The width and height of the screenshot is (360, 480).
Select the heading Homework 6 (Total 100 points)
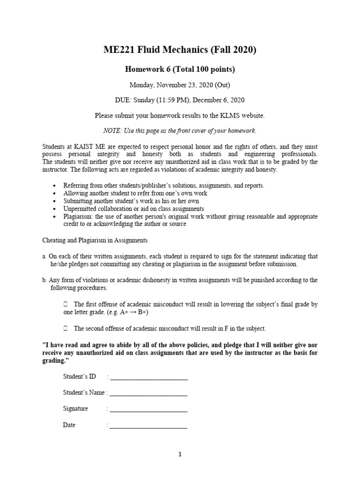click(180, 69)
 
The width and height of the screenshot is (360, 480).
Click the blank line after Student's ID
click(149, 376)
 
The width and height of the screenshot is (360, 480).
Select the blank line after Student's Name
click(149, 393)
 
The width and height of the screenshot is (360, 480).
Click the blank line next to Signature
click(149, 409)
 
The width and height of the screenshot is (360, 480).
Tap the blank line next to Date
click(149, 426)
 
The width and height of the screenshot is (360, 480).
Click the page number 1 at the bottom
click(180, 454)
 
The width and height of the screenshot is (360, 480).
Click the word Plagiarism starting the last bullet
click(78, 217)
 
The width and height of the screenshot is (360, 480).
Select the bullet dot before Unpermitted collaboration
click(55, 209)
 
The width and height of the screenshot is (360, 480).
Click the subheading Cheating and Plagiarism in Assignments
click(95, 240)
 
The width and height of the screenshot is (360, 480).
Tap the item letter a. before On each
click(44, 256)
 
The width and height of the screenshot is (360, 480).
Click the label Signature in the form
click(75, 409)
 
